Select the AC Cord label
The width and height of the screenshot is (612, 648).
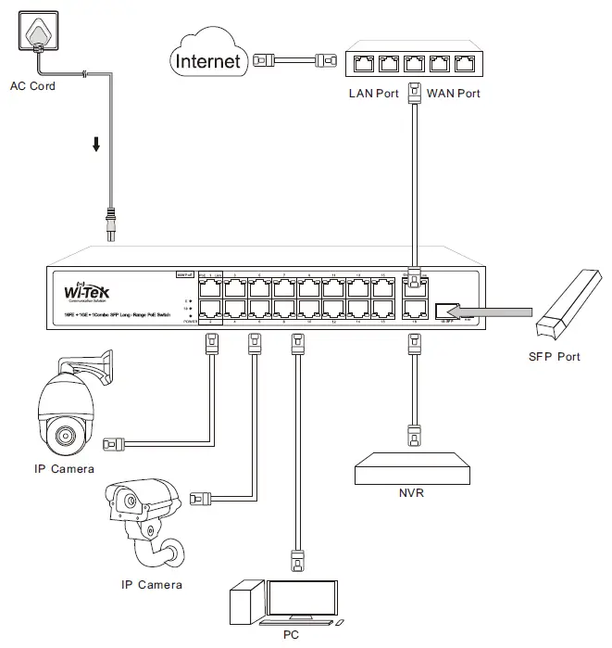pyautogui.click(x=32, y=86)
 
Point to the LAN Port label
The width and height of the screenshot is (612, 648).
pyautogui.click(x=373, y=94)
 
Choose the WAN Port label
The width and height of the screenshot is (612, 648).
pyautogui.click(x=453, y=94)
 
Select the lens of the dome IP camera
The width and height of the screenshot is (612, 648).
pyautogui.click(x=66, y=435)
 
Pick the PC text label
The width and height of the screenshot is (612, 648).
pyautogui.click(x=291, y=636)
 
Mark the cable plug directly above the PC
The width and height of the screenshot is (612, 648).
pyautogui.click(x=298, y=560)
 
